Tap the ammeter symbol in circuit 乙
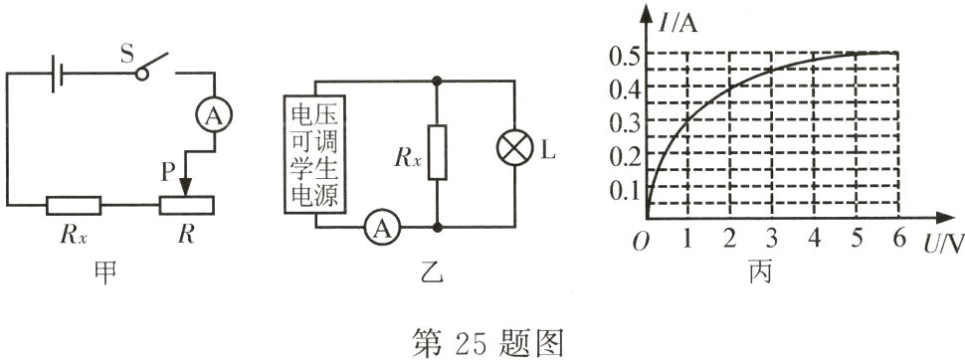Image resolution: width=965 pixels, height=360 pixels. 378,228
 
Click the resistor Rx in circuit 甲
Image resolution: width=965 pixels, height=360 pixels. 73,206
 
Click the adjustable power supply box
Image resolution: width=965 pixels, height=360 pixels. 314,151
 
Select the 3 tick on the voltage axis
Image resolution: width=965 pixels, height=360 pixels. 772,239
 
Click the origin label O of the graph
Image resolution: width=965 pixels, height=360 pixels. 643,239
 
